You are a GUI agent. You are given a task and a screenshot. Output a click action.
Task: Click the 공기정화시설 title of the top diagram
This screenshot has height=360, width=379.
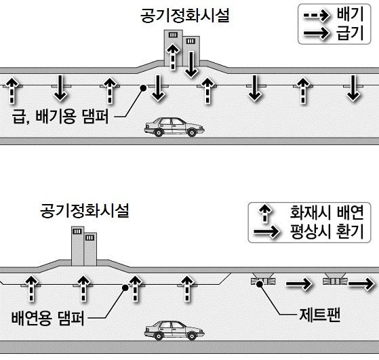coord(185,16)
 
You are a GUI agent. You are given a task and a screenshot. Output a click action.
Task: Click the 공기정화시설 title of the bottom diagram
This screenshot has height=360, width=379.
coord(85,210)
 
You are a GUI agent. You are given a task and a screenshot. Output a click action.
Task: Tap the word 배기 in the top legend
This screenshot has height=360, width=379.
coord(351,14)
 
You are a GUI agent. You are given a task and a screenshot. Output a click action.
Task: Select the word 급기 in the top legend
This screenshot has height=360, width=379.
coord(351,33)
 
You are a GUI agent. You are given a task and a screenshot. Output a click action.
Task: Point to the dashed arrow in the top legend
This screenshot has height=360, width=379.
coord(317,16)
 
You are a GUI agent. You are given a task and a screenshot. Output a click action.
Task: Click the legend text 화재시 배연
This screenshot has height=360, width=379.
coord(327,212)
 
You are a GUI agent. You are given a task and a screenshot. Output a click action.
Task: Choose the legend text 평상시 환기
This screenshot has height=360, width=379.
coord(327,231)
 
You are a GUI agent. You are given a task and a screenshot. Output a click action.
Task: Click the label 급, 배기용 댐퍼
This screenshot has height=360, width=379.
coord(60,117)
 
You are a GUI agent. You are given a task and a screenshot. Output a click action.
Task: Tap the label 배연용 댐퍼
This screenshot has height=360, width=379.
coord(48,318)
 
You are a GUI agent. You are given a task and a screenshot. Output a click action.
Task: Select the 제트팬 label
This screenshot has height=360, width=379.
coord(319,315)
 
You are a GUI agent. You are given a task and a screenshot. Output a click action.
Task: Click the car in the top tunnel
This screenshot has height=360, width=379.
coord(174,127)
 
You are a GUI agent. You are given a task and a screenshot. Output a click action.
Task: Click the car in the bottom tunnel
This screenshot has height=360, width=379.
coord(174,330)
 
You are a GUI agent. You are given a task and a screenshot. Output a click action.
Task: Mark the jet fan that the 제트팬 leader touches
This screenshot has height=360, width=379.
coord(263,281)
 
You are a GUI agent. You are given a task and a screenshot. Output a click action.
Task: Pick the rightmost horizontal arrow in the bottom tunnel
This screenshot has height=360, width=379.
coord(361,283)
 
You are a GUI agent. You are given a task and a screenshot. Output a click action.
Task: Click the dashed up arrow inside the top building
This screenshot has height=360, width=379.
coord(173,56)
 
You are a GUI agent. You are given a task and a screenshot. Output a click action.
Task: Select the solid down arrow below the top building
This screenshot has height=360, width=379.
coord(191,64)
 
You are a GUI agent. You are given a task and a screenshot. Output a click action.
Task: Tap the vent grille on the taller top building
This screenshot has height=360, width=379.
coord(173,35)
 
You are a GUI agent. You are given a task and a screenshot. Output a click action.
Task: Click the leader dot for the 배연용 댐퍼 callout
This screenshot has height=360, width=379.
coord(125,287)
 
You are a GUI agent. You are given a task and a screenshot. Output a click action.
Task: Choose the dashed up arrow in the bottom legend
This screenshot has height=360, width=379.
coord(265,213)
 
